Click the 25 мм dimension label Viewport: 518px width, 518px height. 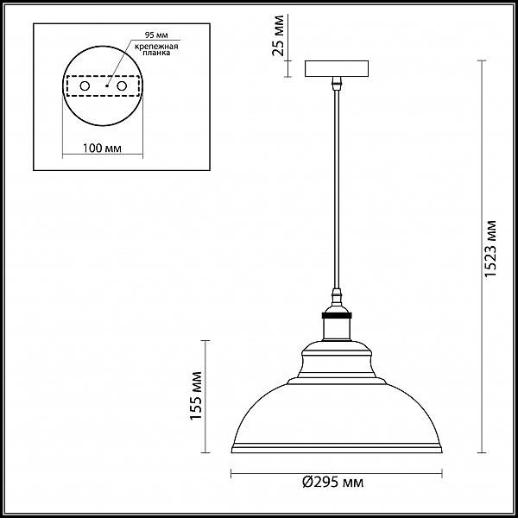(278, 35)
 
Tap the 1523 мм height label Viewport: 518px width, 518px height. (490, 249)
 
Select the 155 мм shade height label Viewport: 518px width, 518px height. (196, 395)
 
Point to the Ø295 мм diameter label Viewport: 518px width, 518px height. (332, 483)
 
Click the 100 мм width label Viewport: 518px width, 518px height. (102, 148)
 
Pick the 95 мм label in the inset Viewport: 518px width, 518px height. (156, 35)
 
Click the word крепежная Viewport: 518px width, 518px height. (156, 47)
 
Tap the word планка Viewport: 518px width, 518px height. (156, 53)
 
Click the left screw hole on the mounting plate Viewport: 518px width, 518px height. (85, 86)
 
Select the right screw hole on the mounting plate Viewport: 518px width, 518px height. (122, 86)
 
